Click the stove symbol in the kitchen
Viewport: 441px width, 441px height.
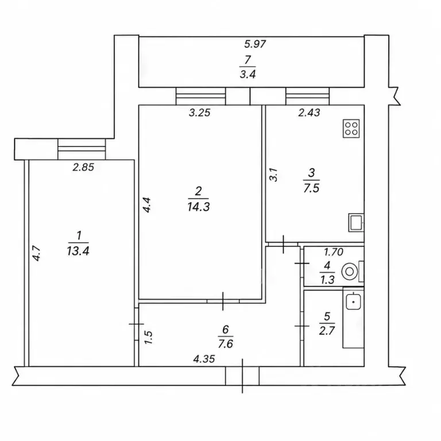[351, 129]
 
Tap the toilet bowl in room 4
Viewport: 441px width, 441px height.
[350, 272]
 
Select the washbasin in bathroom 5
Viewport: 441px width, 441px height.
[353, 301]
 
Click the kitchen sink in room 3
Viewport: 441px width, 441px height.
[356, 222]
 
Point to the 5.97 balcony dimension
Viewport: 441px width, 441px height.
[255, 44]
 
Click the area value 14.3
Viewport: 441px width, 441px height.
[198, 207]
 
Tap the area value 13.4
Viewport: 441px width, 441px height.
[78, 251]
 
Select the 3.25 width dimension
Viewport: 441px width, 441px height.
[199, 113]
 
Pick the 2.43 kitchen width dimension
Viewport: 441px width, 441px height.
[309, 113]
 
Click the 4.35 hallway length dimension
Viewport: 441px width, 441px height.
[204, 359]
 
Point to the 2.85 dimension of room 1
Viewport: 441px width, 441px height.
[83, 167]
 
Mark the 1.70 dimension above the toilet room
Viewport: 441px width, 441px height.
[334, 252]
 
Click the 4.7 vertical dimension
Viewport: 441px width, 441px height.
[37, 253]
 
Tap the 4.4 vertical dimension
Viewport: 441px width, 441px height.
[147, 205]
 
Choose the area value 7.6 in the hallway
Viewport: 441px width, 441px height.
[225, 344]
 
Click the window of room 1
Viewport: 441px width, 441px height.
[82, 149]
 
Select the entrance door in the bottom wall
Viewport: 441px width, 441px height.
[242, 376]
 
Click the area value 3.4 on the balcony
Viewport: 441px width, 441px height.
[247, 74]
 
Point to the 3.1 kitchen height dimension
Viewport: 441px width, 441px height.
[273, 175]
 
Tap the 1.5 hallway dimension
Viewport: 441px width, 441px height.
[148, 337]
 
